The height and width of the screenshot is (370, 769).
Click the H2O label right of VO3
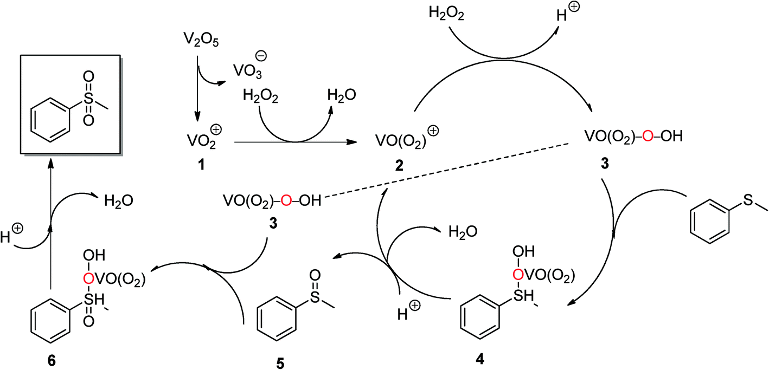coord(342,95)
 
